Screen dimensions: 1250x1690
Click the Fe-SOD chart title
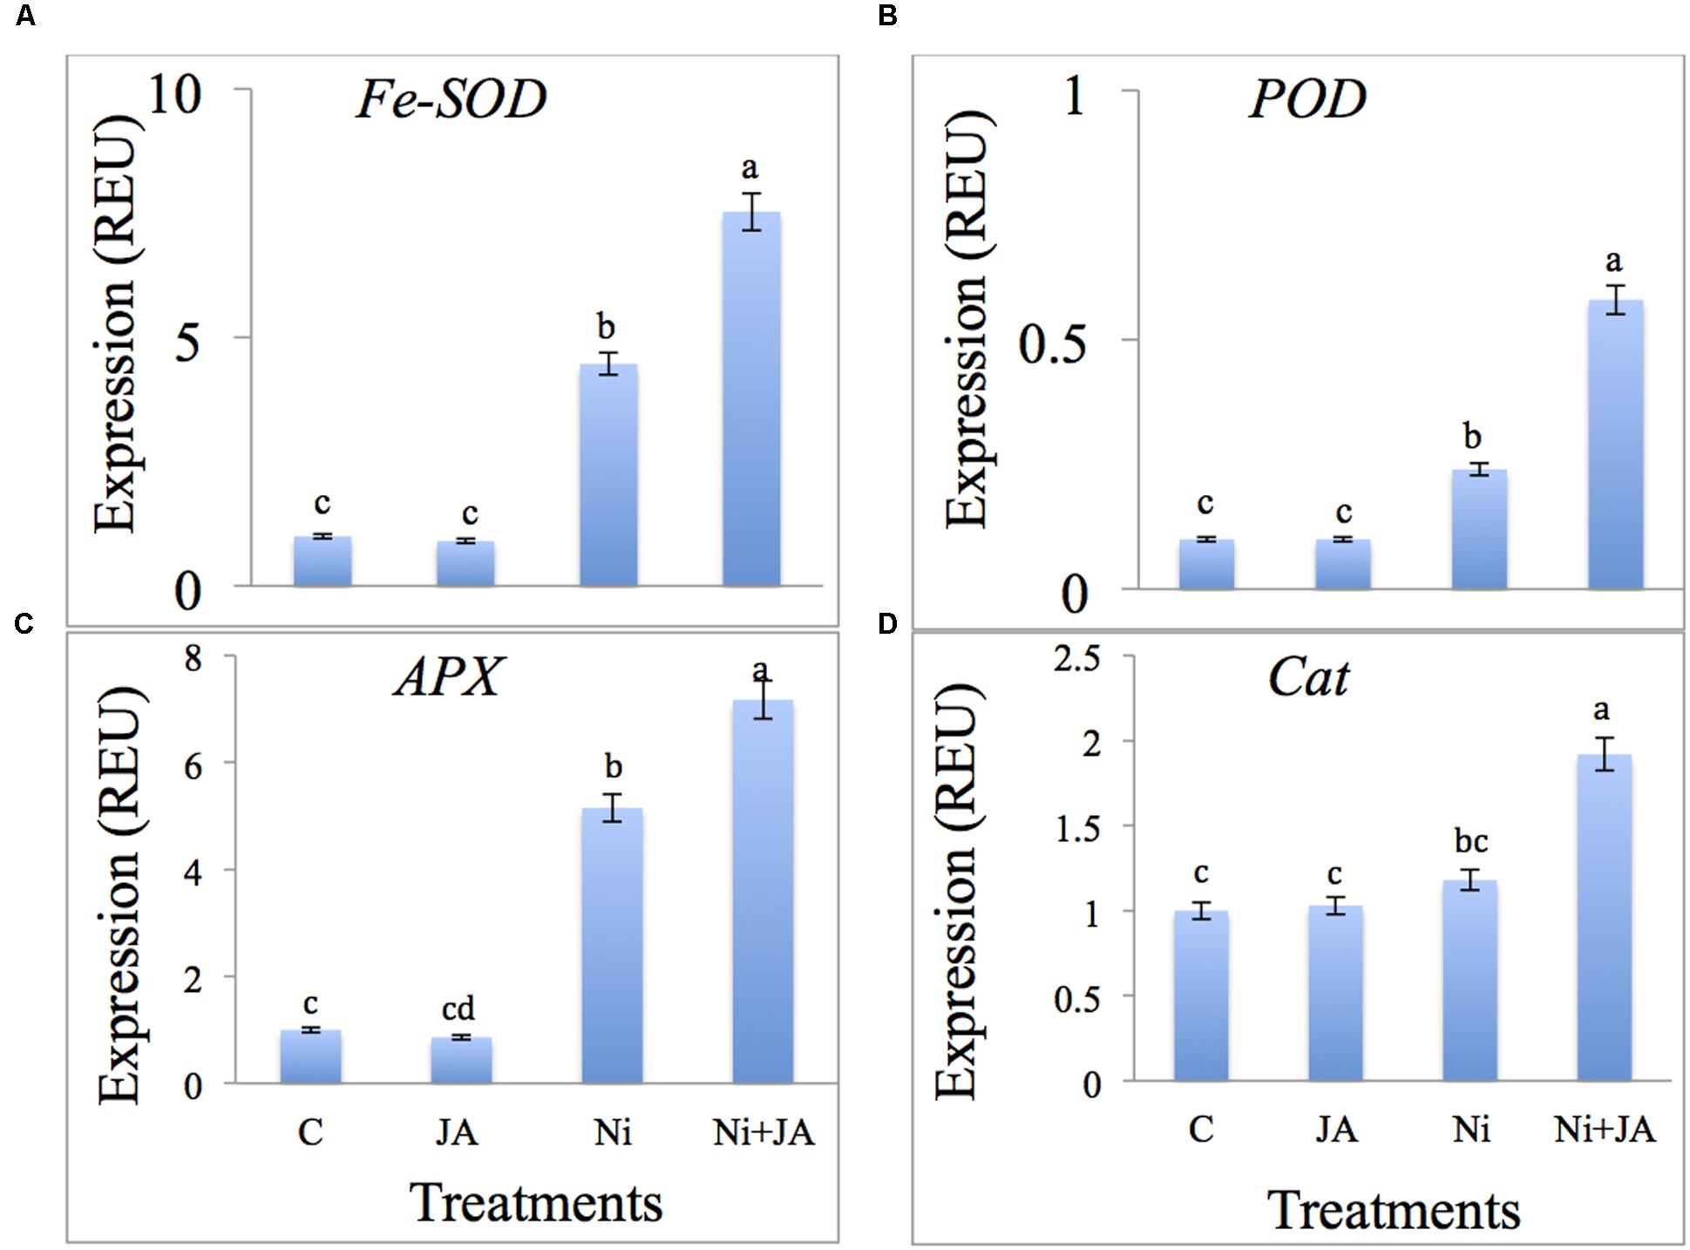pos(451,99)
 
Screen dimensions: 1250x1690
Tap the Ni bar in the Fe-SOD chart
pos(608,474)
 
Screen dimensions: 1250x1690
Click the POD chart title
pos(1307,99)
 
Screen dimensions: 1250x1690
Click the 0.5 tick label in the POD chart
pos(1053,343)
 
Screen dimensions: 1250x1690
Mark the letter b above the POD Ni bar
pos(1472,435)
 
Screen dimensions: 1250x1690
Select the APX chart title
pos(448,676)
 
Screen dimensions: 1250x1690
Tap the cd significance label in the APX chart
pos(458,1008)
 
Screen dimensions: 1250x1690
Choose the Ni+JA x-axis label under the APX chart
pos(764,1132)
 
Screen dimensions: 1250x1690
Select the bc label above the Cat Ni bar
pos(1471,841)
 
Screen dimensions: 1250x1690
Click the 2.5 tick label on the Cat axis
pos(1078,658)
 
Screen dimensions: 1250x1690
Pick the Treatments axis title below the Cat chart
pos(1393,1210)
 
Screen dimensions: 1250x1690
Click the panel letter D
pos(887,624)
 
